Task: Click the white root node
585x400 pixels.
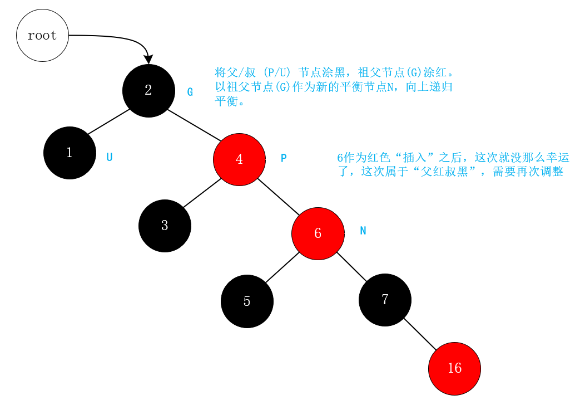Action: (x=42, y=36)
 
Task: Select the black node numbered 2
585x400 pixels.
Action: (x=148, y=91)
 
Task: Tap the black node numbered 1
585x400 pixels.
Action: (x=70, y=153)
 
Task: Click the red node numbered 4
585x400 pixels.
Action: (x=239, y=159)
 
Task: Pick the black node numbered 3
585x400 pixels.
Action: (x=165, y=226)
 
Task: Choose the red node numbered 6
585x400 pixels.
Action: (x=318, y=233)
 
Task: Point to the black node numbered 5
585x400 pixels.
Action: (x=247, y=301)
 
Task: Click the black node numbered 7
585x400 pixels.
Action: (x=385, y=300)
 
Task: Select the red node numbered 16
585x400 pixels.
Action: (x=454, y=368)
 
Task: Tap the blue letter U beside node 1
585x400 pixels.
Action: (x=110, y=157)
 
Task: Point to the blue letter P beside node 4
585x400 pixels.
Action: (x=284, y=158)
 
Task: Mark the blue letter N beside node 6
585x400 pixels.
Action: (x=363, y=231)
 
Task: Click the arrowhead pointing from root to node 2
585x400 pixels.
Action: (x=148, y=59)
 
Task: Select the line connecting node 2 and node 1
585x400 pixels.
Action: (x=108, y=122)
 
